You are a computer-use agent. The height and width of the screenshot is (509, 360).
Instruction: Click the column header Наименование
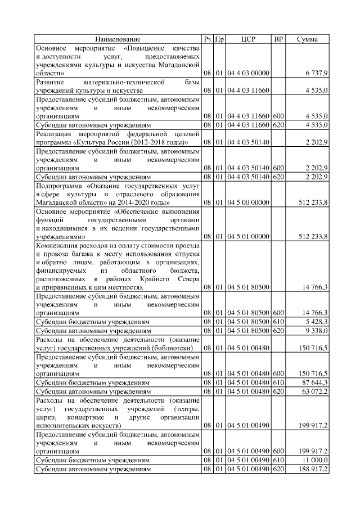click(118, 39)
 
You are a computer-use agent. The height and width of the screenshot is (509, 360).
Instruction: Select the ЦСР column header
click(248, 39)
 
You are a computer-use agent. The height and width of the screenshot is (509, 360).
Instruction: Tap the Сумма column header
click(307, 39)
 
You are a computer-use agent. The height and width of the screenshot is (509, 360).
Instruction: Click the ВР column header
click(278, 39)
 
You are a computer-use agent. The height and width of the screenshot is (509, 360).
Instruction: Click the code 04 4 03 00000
click(248, 73)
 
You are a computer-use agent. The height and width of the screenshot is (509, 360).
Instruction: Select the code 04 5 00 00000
click(248, 201)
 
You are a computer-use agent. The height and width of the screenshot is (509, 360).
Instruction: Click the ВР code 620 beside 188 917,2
click(278, 468)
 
